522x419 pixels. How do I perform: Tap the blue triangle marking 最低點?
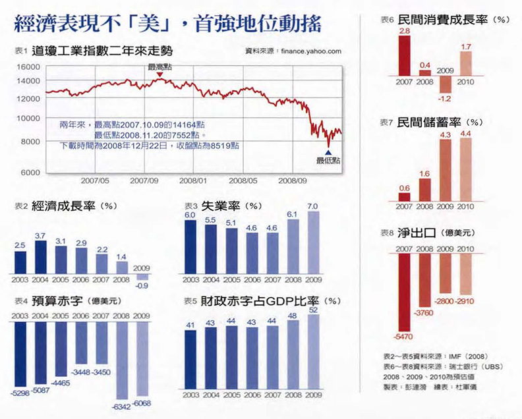pyautogui.click(x=328, y=152)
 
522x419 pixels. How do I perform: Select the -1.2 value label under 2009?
pyautogui.click(x=445, y=99)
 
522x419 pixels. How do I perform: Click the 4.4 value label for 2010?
pyautogui.click(x=465, y=134)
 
